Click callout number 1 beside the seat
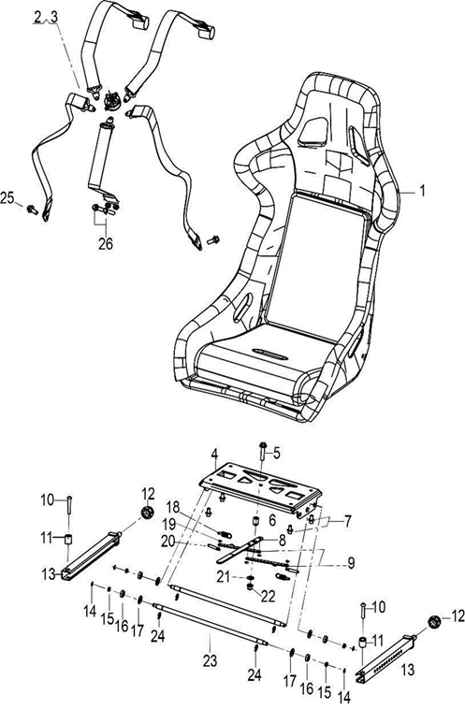tap(423, 192)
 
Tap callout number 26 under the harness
tap(106, 244)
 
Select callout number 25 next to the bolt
tap(7, 197)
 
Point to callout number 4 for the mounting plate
tap(214, 453)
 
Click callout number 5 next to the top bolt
tap(277, 453)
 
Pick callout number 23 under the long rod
tap(210, 661)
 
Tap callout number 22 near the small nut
tap(268, 597)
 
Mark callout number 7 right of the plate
tap(347, 522)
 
